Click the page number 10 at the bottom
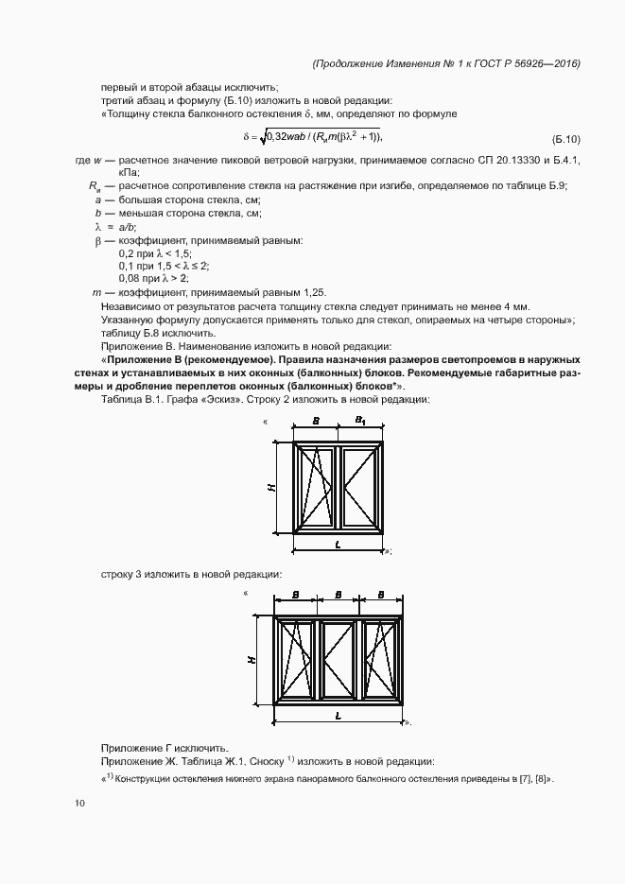[79, 804]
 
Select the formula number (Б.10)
[565, 138]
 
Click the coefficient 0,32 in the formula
[279, 136]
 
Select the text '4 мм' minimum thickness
[515, 307]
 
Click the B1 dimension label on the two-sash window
[361, 420]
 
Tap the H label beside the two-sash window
[271, 488]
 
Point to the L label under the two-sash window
[338, 546]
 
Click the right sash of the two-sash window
[360, 487]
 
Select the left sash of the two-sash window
[315, 487]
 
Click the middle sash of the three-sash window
[338, 660]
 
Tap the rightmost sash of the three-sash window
[380, 660]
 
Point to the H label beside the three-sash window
[254, 660]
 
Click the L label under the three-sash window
[338, 718]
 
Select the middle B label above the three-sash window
[338, 596]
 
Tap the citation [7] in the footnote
[522, 779]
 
